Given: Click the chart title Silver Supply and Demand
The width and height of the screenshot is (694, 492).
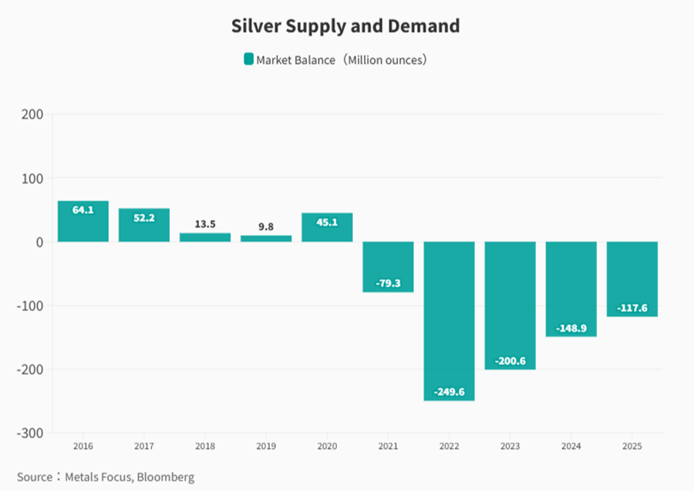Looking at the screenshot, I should click(345, 26).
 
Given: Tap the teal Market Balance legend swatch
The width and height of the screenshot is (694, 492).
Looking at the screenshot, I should click(248, 59).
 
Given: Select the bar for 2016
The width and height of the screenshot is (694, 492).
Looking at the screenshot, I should click(83, 222).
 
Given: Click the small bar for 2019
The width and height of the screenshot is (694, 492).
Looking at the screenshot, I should click(266, 239).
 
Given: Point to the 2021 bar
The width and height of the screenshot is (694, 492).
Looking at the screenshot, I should click(388, 266).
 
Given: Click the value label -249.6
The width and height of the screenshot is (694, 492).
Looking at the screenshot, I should click(449, 392).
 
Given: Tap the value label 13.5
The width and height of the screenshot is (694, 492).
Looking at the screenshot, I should click(205, 224).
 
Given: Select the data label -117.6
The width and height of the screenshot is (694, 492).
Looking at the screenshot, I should click(632, 308).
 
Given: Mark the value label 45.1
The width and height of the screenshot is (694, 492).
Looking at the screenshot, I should click(327, 223).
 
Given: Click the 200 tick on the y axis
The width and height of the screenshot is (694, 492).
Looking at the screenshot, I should click(32, 115).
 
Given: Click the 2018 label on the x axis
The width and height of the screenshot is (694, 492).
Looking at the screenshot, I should click(205, 447).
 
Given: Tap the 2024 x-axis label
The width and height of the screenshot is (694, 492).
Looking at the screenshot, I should click(571, 447).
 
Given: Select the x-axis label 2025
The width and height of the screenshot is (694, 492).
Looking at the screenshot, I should click(632, 447).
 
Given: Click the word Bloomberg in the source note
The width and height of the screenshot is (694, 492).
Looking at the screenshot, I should click(167, 477).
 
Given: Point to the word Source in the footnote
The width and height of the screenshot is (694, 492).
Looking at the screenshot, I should click(34, 477).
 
